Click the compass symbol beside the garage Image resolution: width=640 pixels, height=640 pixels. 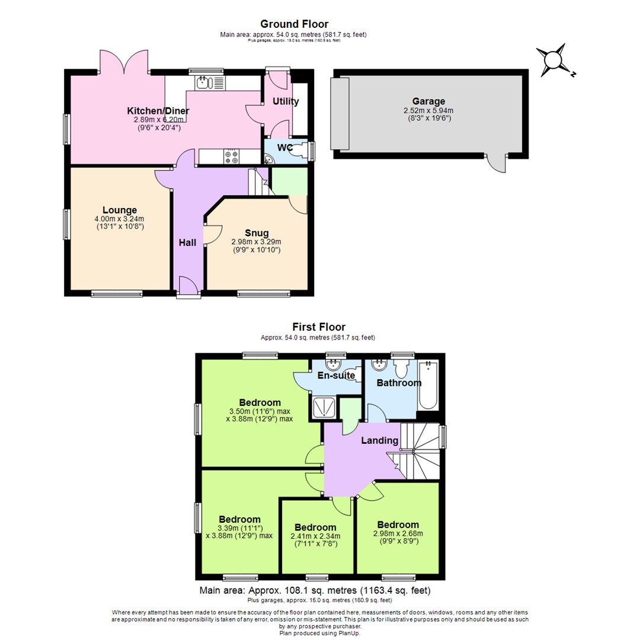tap(553, 61)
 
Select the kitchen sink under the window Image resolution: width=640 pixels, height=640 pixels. tap(205, 82)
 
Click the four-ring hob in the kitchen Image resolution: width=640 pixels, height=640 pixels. tap(231, 156)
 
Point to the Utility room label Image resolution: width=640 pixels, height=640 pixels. tap(286, 102)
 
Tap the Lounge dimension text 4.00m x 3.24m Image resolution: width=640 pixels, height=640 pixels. tap(119, 219)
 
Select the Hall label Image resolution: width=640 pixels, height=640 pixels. tap(187, 242)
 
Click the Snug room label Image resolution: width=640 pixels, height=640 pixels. tap(256, 233)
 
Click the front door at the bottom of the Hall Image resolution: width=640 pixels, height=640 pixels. tap(188, 288)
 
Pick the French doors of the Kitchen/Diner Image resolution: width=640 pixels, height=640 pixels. tap(125, 62)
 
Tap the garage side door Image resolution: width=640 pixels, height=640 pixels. tap(497, 164)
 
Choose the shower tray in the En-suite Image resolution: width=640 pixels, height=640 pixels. tap(322, 407)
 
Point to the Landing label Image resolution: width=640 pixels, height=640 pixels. tap(380, 440)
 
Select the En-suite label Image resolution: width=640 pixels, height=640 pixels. tap(336, 375)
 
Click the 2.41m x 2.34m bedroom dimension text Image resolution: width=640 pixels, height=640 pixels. tap(315, 537)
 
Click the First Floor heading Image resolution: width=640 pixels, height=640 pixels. tap(319, 327)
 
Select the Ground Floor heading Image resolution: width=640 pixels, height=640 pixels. tap(294, 24)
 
